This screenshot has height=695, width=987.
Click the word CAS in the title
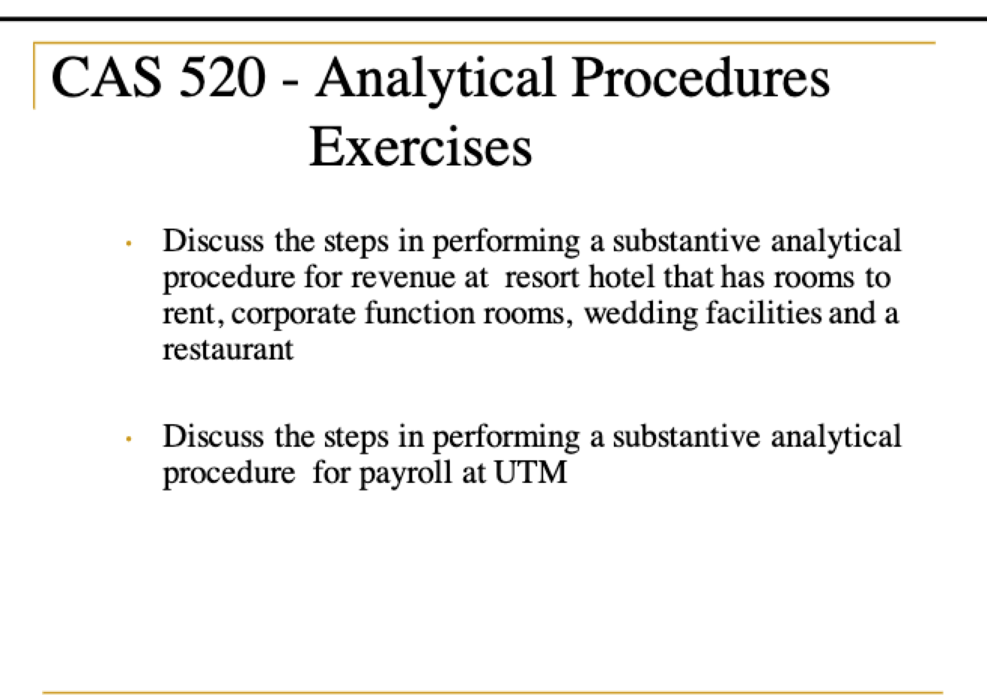tap(106, 77)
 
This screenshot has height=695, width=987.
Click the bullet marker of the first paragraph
tap(129, 244)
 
